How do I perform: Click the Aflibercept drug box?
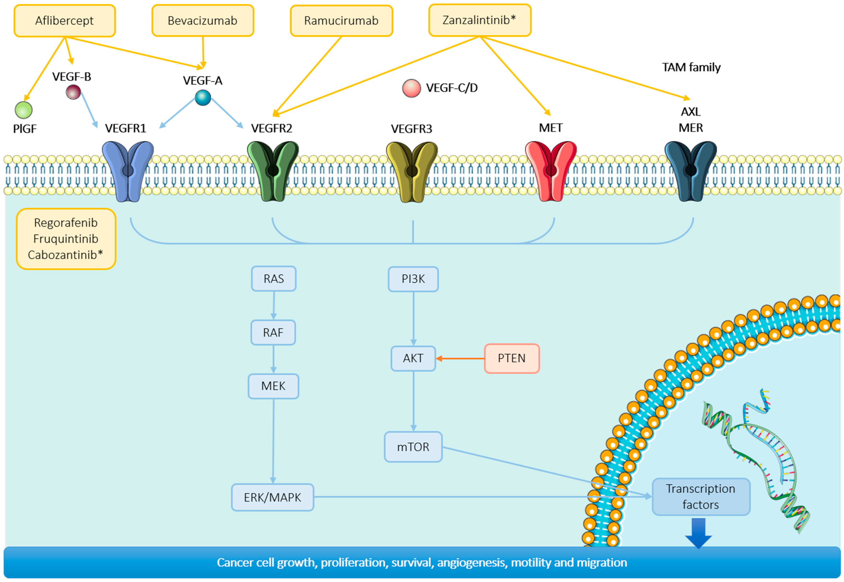(x=65, y=21)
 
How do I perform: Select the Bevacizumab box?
(x=203, y=21)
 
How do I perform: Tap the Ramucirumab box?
(x=341, y=21)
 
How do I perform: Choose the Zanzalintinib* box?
(x=479, y=20)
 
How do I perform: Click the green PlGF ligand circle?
(x=24, y=110)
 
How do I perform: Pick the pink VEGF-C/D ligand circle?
(x=411, y=88)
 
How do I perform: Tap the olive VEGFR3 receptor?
(x=412, y=171)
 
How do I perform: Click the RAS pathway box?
(x=274, y=279)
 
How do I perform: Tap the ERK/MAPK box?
(x=272, y=497)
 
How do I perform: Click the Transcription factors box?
(x=701, y=497)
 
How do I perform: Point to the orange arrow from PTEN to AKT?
(x=460, y=359)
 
